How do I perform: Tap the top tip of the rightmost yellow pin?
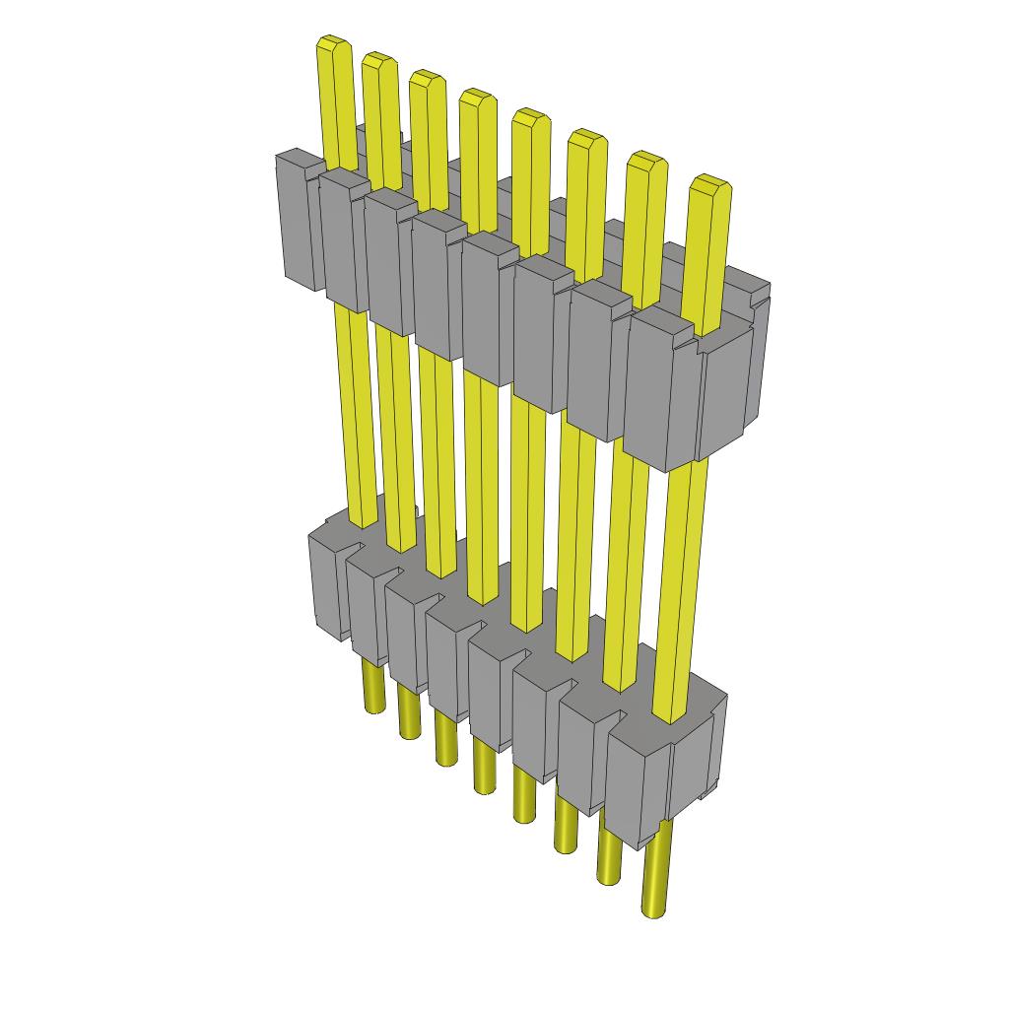point(709,183)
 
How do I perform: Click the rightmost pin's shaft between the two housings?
point(686,581)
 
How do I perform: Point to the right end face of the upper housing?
point(729,394)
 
